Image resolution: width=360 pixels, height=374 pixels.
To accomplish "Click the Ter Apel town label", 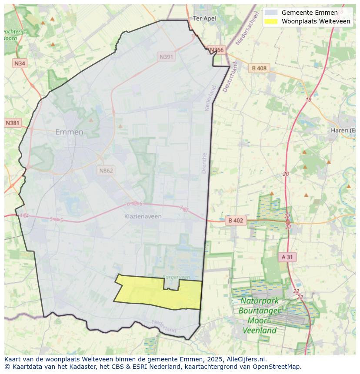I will point(204,18).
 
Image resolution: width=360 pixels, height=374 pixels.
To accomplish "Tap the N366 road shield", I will point(217,50).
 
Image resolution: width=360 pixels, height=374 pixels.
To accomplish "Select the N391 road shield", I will point(166,56).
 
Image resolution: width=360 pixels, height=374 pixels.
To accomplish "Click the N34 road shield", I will point(20,63).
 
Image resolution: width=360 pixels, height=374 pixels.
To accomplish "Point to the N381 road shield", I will point(13,123).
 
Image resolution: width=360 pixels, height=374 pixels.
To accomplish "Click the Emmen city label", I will point(69,132).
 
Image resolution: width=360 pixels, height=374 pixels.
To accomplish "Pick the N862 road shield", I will point(106,170).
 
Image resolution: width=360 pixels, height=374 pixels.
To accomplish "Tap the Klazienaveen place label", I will point(143,216).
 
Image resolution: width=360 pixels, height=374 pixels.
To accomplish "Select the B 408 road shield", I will point(259,68).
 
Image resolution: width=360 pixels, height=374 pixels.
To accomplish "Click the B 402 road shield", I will point(235,221).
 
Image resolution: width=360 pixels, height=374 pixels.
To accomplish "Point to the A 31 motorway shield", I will point(287,257).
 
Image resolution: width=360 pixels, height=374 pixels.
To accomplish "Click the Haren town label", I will point(343,130).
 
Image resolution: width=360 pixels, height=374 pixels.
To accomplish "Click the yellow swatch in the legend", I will point(270,21).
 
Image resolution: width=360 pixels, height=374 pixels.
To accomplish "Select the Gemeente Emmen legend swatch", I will point(270,13).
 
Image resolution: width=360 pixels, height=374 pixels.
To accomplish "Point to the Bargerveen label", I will point(176,277).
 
